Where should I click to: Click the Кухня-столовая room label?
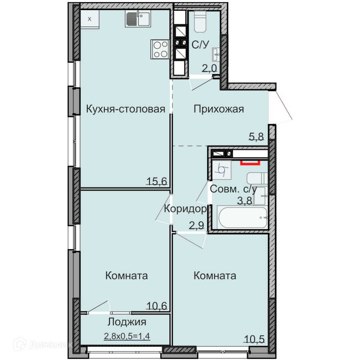tap(126, 109)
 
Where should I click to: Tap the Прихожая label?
tap(219, 109)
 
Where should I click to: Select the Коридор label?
tap(185, 209)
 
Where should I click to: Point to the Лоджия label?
tap(127, 322)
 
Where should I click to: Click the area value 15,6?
tap(157, 181)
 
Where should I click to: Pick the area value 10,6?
tap(157, 306)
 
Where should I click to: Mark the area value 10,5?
tap(254, 339)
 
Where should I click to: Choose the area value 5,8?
tap(256, 137)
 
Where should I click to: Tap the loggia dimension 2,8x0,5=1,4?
tap(127, 336)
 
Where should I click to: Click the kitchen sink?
tap(138, 19)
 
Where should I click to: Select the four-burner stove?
tap(160, 49)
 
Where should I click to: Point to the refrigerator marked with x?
tap(90, 19)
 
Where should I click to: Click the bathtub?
tap(242, 217)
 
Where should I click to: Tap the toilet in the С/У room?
tap(200, 21)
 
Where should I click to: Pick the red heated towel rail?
tap(250, 163)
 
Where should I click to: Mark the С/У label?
tap(200, 45)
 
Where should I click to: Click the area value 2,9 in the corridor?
tap(197, 225)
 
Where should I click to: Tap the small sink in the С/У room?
tap(216, 54)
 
